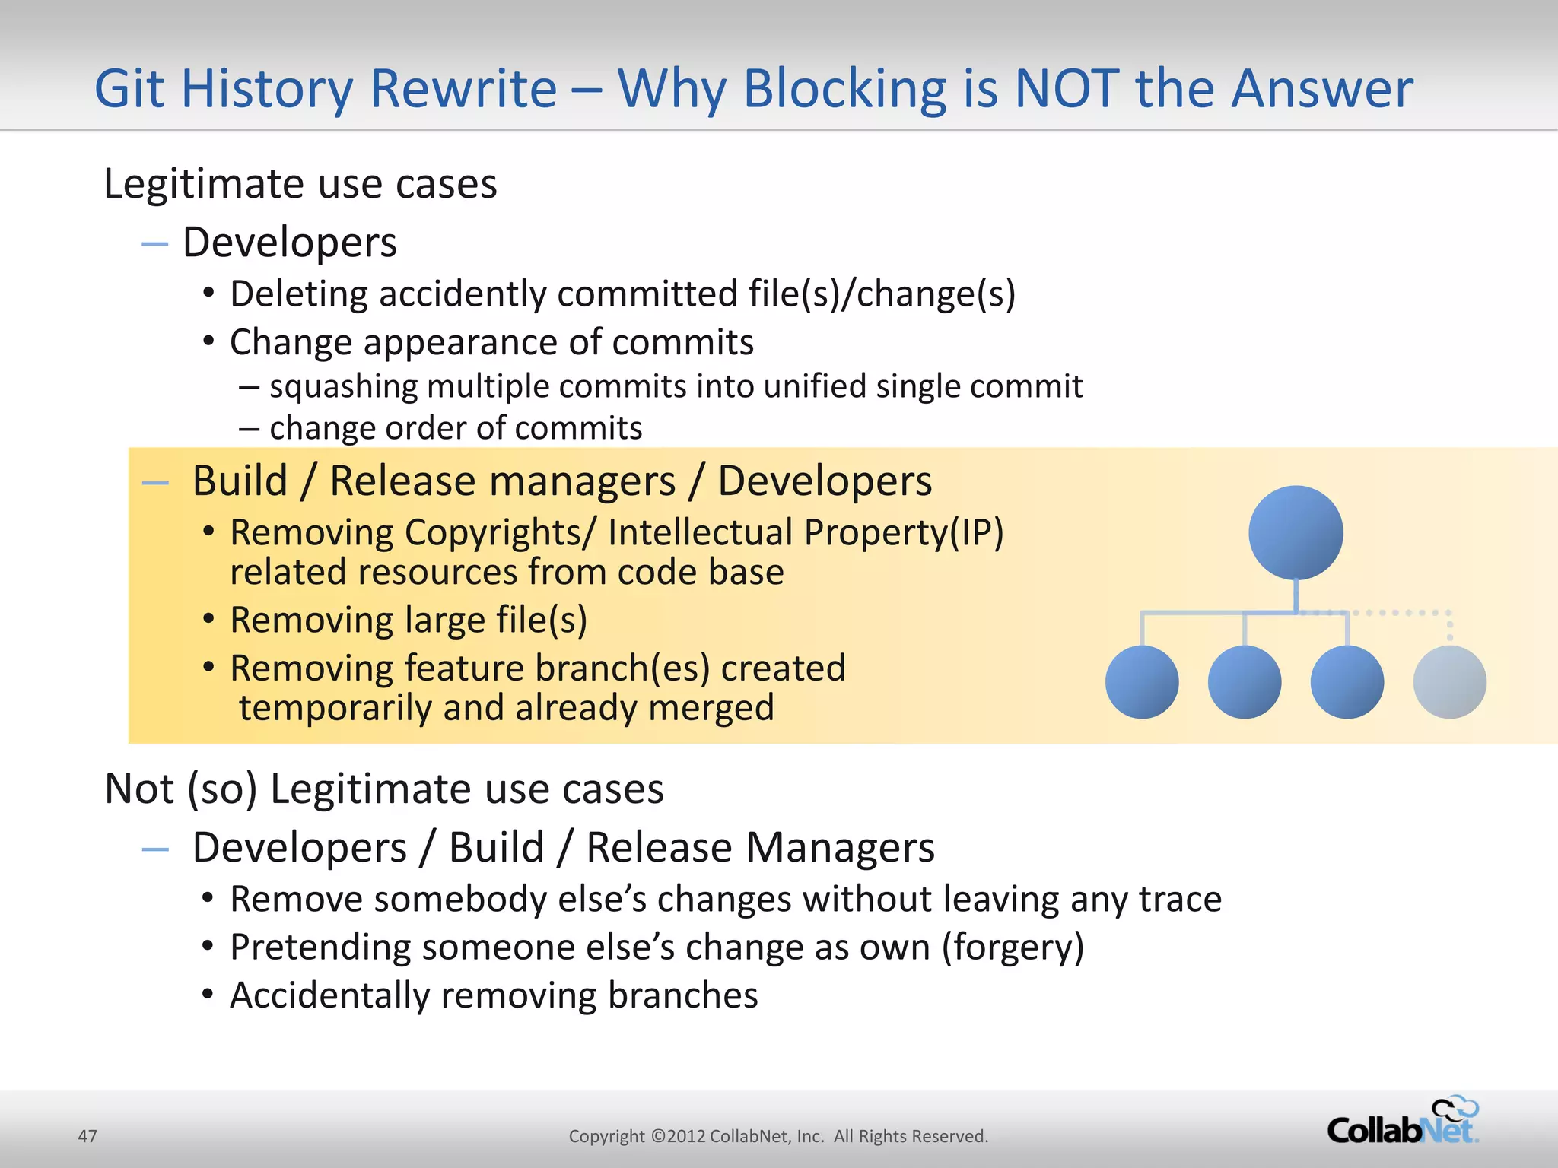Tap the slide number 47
pos(87,1136)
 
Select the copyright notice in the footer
pos(778,1136)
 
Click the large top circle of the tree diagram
pos(1296,532)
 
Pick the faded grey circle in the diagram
pos(1449,682)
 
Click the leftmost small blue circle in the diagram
pos(1141,682)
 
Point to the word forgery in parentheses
pos(1013,947)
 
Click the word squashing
pos(344,387)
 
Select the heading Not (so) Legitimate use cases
pos(384,789)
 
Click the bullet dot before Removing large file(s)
pos(208,618)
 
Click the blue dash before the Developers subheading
pos(154,244)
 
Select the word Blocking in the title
pos(844,89)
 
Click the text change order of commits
pos(455,429)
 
